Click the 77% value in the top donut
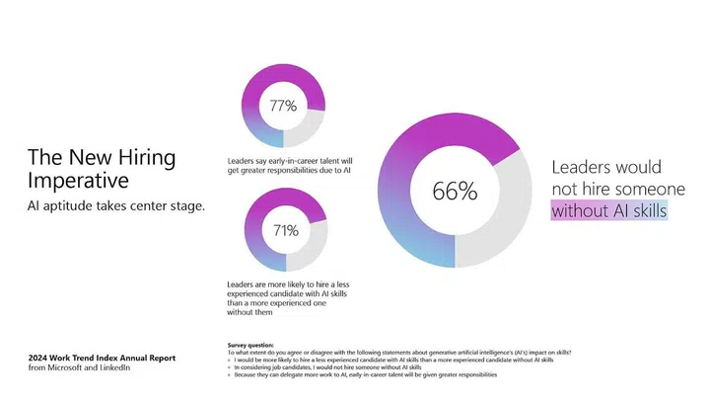coord(283,106)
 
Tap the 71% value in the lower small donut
coord(285,231)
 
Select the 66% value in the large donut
coord(455,192)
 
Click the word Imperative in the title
coord(77,181)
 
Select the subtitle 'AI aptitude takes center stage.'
coord(117,205)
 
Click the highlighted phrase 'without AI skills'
coord(608,210)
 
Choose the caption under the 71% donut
coord(288,299)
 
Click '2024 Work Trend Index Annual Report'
coord(103,359)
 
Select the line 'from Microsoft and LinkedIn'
coord(79,368)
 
